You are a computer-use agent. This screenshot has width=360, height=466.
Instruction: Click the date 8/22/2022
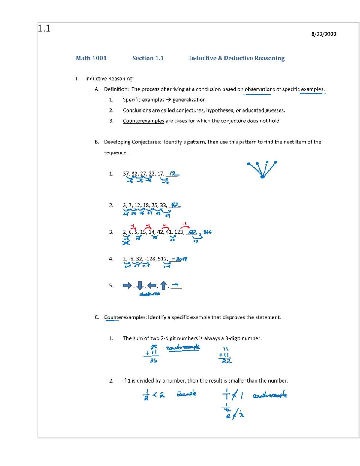click(324, 34)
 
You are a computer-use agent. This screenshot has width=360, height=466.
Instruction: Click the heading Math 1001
click(91, 58)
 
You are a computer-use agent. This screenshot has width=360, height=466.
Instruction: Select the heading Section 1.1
click(148, 58)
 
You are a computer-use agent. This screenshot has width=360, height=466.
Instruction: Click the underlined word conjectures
click(190, 110)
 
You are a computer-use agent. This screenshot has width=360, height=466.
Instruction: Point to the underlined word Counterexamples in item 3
click(143, 121)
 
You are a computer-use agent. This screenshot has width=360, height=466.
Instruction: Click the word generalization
click(189, 100)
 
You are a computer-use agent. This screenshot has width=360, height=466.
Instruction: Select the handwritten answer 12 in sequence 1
click(172, 173)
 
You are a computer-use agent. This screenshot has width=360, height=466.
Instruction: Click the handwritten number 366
click(207, 232)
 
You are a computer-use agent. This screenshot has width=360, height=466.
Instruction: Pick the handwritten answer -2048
click(180, 259)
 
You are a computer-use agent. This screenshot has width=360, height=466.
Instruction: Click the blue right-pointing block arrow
click(127, 285)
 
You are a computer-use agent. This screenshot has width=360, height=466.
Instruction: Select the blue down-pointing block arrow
click(140, 285)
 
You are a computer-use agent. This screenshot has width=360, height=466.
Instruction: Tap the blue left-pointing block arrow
click(152, 285)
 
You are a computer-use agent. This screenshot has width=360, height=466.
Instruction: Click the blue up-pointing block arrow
click(163, 285)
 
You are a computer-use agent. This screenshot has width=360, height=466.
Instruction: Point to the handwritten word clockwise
click(150, 294)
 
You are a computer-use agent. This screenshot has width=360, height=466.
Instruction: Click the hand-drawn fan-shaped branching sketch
click(262, 169)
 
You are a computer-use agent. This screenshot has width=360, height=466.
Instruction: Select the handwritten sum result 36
click(153, 361)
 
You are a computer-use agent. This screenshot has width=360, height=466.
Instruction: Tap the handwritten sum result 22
click(226, 361)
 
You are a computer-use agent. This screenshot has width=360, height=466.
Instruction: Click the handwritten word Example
click(186, 394)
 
